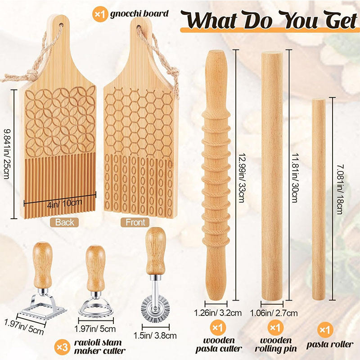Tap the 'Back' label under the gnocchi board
coord(65,222)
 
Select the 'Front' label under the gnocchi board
coord(135,222)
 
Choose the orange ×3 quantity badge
coord(62,347)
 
